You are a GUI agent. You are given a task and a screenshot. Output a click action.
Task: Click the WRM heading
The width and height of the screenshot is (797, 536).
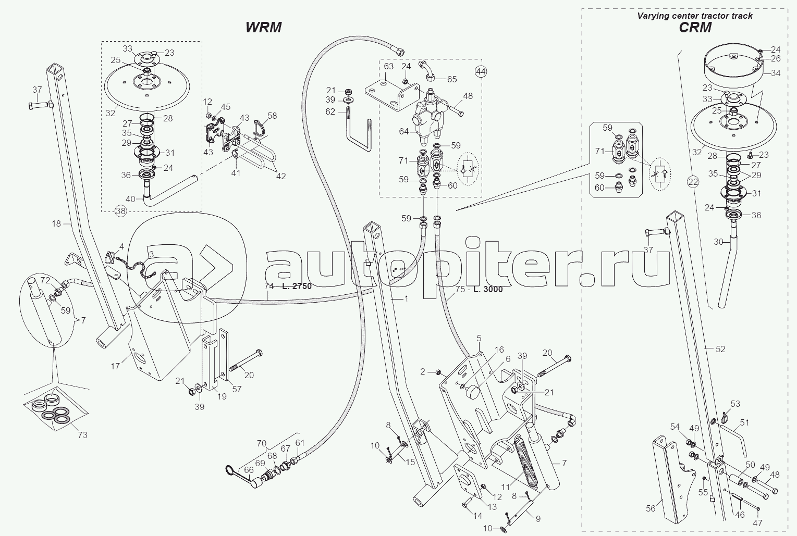[x=263, y=27]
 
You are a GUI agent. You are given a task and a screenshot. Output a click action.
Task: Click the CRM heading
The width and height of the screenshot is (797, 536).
[x=695, y=28]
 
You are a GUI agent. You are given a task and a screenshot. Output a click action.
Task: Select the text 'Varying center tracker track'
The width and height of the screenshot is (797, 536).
[x=695, y=16]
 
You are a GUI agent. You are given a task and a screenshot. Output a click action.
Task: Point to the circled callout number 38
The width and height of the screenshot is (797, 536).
[x=120, y=210]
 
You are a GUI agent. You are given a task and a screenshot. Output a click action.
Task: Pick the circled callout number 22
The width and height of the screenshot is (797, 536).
[x=693, y=182]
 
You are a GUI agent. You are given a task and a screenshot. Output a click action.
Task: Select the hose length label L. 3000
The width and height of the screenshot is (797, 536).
[x=488, y=289]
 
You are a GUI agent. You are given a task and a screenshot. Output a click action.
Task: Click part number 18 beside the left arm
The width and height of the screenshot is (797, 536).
[x=57, y=223]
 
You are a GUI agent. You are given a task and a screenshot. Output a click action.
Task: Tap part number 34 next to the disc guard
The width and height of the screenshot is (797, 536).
[x=776, y=73]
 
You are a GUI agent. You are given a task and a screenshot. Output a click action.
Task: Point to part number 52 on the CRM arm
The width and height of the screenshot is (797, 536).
[x=720, y=349]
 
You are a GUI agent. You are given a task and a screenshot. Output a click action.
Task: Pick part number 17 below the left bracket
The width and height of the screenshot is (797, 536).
[x=115, y=366]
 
